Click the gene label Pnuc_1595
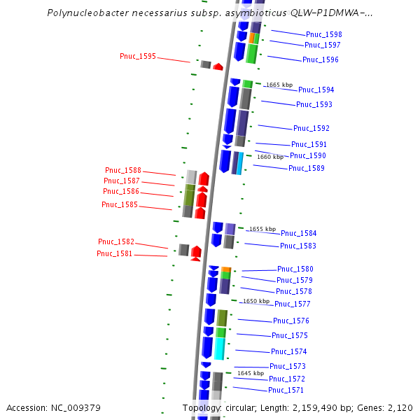coord(138,56)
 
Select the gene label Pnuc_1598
coord(324,34)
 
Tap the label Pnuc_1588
coord(123,170)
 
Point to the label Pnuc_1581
coord(114,253)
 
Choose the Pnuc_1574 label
coord(288,351)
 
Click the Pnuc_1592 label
coord(311,128)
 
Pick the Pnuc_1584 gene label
coord(299,233)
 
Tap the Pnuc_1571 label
coord(286,390)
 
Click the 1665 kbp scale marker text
coord(279,85)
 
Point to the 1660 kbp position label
coord(270,157)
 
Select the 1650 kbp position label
coord(256,301)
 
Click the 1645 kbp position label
coord(251,373)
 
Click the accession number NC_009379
coord(76,408)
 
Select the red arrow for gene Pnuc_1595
coord(218,66)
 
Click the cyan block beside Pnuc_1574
coord(219,349)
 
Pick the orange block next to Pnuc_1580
coord(226,269)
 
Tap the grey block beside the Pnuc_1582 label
coord(183,250)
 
